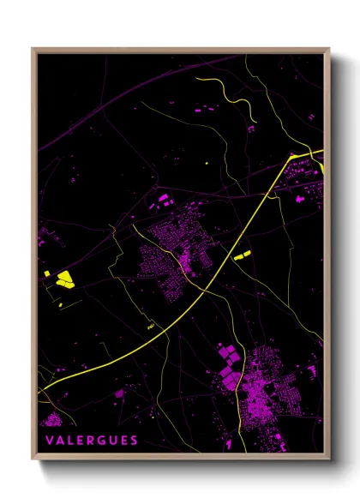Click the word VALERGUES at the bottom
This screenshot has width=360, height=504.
click(92, 441)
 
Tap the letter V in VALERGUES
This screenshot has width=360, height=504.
click(50, 441)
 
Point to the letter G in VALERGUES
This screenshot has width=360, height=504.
click(103, 441)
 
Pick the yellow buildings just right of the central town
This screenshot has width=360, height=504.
click(241, 255)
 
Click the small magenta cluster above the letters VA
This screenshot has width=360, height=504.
click(51, 419)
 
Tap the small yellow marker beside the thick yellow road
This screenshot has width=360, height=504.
click(151, 327)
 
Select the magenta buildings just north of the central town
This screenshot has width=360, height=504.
click(162, 201)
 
